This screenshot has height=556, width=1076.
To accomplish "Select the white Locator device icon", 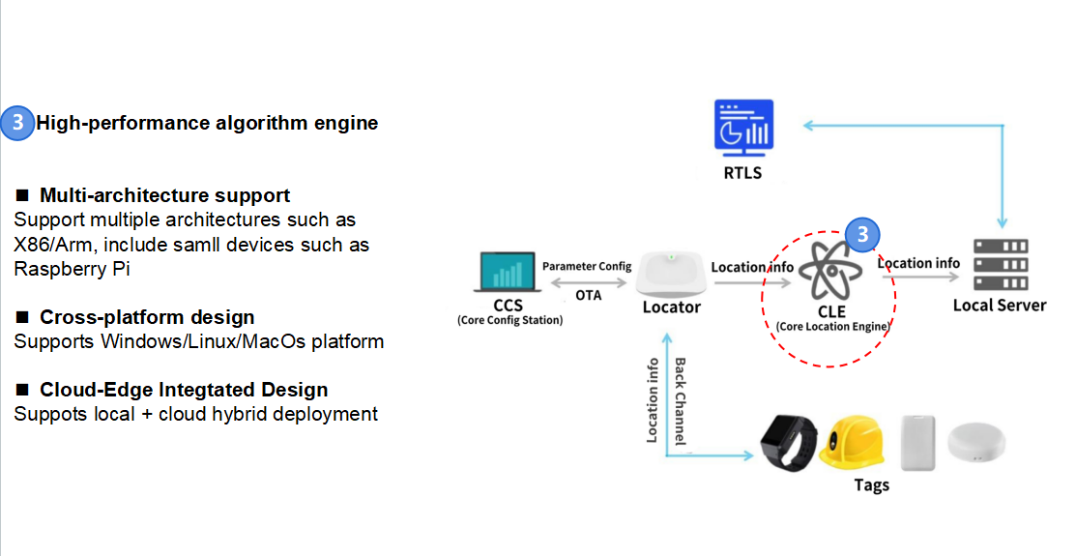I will (x=672, y=273).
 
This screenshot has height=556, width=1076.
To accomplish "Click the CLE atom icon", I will (x=831, y=274).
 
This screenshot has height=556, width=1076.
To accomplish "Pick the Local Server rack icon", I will (x=999, y=265).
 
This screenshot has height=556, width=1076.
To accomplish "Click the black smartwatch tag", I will (x=788, y=444).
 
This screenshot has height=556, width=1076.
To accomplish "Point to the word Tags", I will (x=872, y=484).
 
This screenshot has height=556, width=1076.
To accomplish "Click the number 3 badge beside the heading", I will (x=17, y=124).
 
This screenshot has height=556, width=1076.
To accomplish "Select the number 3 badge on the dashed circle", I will (x=863, y=234).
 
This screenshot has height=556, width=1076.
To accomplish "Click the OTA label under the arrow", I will (x=588, y=294).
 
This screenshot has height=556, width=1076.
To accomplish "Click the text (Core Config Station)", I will (x=509, y=320).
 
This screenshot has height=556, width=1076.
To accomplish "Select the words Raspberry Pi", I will (x=72, y=269).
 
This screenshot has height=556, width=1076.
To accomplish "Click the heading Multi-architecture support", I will (x=164, y=196).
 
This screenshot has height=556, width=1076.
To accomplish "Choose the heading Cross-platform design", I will (x=147, y=317).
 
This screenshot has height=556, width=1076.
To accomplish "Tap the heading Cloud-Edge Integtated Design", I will (x=184, y=390).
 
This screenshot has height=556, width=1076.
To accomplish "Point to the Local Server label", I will (x=1000, y=306).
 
